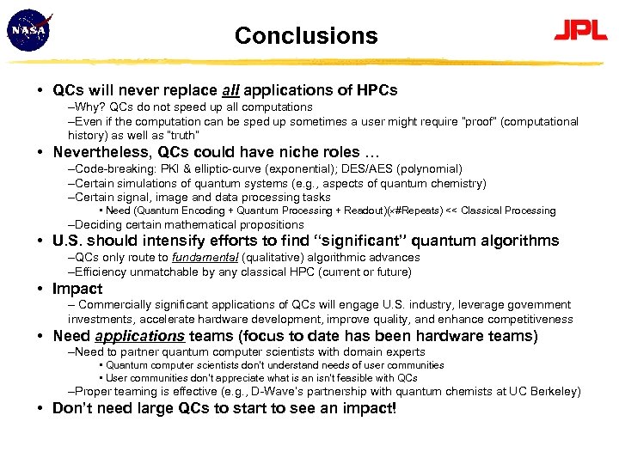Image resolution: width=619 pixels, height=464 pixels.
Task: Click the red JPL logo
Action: click(x=580, y=33)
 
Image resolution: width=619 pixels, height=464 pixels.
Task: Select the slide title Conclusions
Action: click(x=306, y=36)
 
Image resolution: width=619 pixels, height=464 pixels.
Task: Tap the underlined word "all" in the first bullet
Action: click(x=231, y=89)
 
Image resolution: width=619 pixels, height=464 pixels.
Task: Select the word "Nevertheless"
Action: click(x=103, y=153)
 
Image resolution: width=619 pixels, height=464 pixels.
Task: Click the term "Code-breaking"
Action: click(x=109, y=169)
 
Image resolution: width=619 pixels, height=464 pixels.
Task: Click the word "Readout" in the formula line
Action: click(x=359, y=211)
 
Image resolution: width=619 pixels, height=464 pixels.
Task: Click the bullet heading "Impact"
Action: click(x=77, y=289)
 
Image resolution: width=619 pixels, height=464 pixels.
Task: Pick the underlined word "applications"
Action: click(x=140, y=336)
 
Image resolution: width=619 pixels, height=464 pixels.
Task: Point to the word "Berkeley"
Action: click(x=554, y=392)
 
